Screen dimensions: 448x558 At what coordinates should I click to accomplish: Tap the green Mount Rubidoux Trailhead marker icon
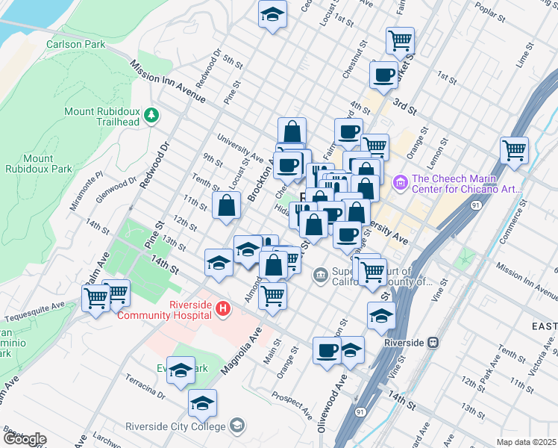[151, 114]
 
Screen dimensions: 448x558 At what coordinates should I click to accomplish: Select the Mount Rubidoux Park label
[47, 164]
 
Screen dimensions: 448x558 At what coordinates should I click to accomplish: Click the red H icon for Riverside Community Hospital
[221, 308]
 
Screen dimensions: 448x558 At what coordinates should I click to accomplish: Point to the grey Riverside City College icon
[236, 426]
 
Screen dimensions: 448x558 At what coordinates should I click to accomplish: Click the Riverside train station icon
[431, 342]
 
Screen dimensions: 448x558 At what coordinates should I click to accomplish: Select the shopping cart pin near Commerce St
[514, 150]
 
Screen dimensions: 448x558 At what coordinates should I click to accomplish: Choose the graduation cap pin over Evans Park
[181, 370]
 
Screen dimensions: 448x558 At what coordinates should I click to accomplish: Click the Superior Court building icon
[321, 275]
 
